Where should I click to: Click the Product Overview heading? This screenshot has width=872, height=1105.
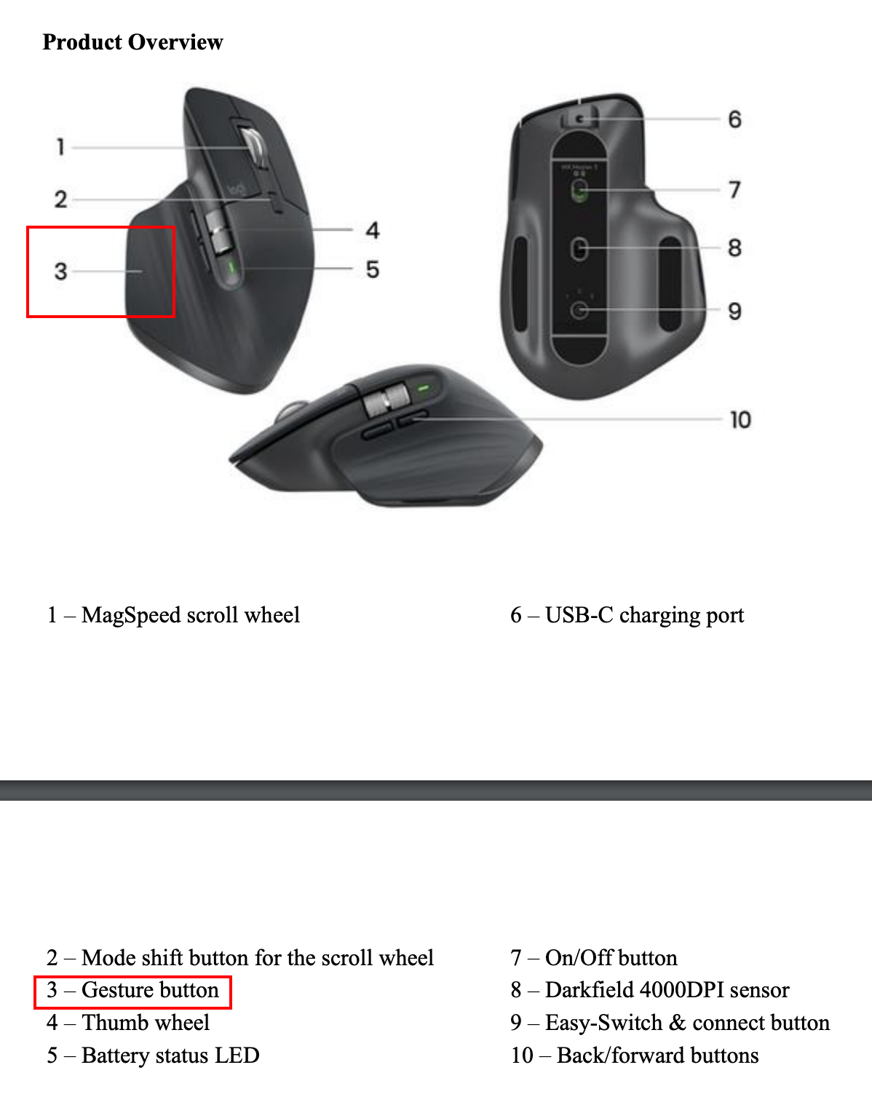[x=132, y=42]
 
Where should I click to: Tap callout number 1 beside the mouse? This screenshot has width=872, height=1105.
[x=60, y=147]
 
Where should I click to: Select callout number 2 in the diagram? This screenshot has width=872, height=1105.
[x=60, y=199]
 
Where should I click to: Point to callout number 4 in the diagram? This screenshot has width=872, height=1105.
[x=373, y=230]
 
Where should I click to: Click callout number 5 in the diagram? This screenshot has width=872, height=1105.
[x=373, y=269]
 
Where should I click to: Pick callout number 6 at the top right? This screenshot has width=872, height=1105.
[x=735, y=119]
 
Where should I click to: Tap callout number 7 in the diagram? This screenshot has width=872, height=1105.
[x=735, y=190]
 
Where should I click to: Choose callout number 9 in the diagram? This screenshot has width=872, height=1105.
[x=735, y=311]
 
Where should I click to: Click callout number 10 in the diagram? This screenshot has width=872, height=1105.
[x=740, y=420]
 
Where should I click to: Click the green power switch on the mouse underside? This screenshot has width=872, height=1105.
[x=580, y=190]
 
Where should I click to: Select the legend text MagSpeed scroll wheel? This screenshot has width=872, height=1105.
[x=191, y=615]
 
